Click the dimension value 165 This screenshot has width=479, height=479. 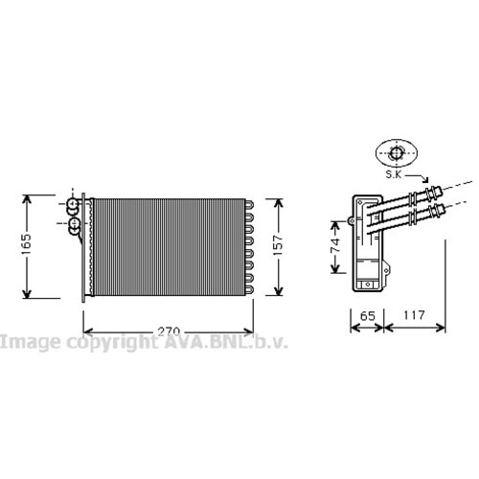[x=26, y=244]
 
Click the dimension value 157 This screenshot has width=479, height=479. [x=278, y=245]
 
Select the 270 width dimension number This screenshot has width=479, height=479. [x=169, y=332]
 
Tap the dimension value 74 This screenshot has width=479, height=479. [x=335, y=245]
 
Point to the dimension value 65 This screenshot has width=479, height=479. [x=367, y=316]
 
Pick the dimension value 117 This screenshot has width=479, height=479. [x=414, y=315]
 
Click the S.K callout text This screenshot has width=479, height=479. [x=394, y=174]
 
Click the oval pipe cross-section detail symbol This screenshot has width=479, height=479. [x=397, y=153]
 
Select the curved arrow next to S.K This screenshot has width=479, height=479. [x=418, y=177]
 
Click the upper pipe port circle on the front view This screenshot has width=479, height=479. [x=73, y=203]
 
